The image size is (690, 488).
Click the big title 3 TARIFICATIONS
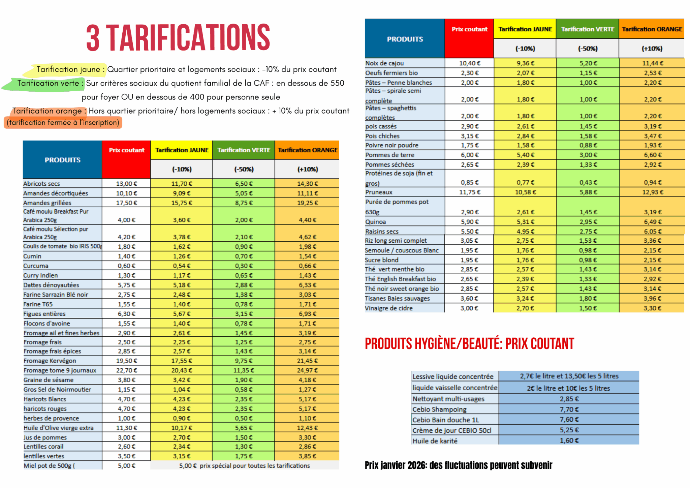pos(178,38)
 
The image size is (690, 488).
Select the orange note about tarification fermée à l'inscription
pos(63,122)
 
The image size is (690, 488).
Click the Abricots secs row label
pos(41,184)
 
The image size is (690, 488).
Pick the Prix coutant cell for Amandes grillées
pos(126,203)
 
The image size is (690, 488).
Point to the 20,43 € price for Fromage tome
pos(182,370)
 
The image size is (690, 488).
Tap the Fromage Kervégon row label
pos(50,361)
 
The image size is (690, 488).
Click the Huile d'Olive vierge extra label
pos(59,428)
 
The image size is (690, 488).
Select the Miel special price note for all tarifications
pos(244,466)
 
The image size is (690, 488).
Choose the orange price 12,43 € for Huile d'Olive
pos(307,428)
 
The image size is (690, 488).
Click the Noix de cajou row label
pos(384,63)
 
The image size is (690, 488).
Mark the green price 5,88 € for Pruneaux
pos(588,192)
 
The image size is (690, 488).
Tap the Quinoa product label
pos(376,222)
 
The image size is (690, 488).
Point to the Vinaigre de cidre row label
pos(388,308)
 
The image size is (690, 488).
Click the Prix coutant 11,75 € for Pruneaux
pos(470,192)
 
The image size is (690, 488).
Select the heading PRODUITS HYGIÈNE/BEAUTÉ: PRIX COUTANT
pos(469,344)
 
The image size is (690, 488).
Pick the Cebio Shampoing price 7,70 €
pos(569,409)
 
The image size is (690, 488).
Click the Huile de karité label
pos(435,441)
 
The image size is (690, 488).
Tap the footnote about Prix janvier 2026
pos(458,465)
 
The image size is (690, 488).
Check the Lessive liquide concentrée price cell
pos(569,376)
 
